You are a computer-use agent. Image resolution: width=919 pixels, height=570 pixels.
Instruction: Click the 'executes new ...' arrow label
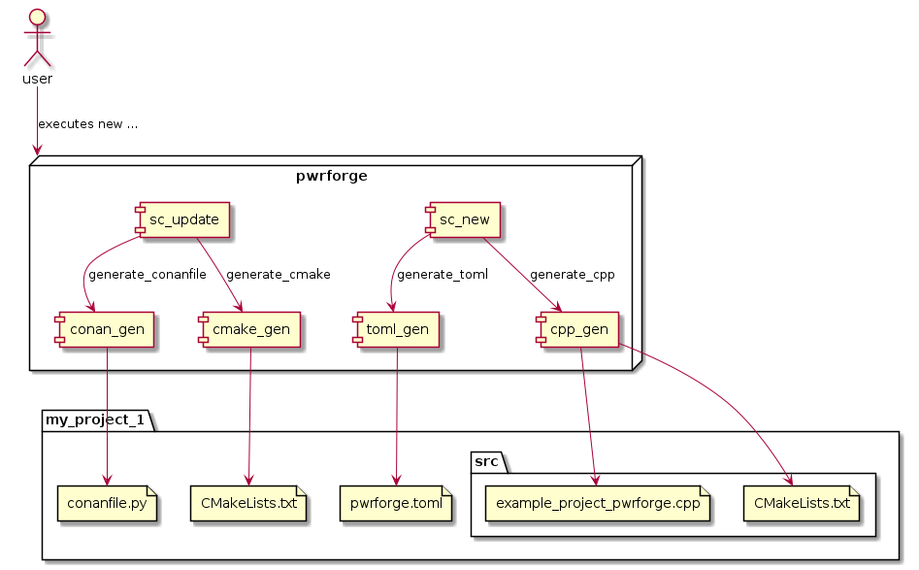click(x=87, y=124)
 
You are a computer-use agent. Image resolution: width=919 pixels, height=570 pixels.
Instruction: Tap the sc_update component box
click(x=183, y=219)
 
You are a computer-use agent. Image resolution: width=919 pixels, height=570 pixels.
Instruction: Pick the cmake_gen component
click(x=250, y=329)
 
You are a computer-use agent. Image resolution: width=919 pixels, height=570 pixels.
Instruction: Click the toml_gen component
click(x=397, y=329)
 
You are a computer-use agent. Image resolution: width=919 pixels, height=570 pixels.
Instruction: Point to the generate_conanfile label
click(x=147, y=275)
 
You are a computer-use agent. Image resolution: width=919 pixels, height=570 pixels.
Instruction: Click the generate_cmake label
click(x=278, y=275)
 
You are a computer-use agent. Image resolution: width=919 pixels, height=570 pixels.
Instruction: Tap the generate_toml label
click(x=442, y=275)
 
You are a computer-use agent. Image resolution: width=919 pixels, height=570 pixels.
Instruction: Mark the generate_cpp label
click(x=572, y=275)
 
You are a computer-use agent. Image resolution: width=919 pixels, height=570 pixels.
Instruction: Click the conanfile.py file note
click(x=107, y=504)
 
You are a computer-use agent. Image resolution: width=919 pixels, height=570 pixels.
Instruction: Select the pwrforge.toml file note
click(x=396, y=504)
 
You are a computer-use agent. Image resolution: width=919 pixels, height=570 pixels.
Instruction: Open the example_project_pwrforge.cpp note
click(x=597, y=504)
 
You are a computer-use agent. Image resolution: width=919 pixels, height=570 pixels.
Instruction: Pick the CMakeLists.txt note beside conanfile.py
click(x=248, y=504)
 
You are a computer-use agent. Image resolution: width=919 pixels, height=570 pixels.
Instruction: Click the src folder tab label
click(x=488, y=461)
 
